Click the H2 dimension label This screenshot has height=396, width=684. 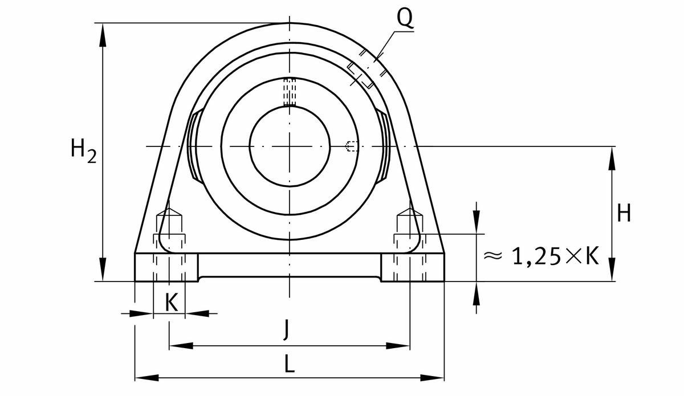click(x=82, y=152)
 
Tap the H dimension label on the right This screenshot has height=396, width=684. click(x=624, y=214)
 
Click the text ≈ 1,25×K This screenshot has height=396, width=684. click(x=540, y=257)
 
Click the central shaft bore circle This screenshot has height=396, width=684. click(x=290, y=146)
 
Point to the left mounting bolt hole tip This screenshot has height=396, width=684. click(x=170, y=211)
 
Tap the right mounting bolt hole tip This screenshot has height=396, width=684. click(x=410, y=211)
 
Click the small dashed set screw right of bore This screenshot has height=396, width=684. click(x=352, y=147)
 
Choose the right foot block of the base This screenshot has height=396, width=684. click(x=413, y=267)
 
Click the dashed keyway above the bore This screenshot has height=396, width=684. click(x=290, y=92)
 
